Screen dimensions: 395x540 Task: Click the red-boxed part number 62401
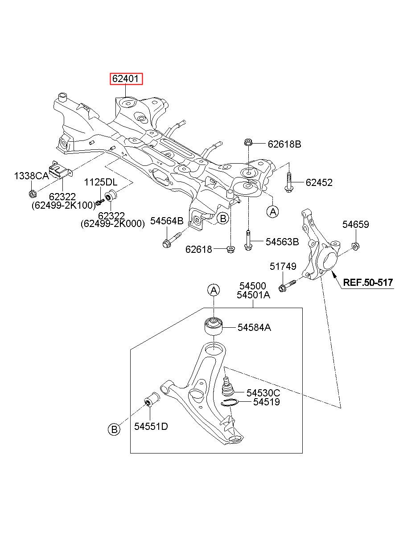(126, 78)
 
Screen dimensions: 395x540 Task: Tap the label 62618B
(284, 144)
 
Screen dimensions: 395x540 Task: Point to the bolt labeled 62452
(288, 182)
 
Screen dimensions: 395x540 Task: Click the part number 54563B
(282, 242)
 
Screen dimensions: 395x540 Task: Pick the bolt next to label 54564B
(172, 239)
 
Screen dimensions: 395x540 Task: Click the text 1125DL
(100, 182)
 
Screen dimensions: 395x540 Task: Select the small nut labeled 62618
(230, 249)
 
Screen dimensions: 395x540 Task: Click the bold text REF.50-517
(368, 282)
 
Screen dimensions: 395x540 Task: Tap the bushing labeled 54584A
(213, 326)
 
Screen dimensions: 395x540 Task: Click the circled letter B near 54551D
(114, 429)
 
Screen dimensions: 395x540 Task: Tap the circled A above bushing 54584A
(214, 290)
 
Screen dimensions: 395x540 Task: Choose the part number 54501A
(253, 295)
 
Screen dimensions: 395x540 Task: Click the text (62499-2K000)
(113, 224)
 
